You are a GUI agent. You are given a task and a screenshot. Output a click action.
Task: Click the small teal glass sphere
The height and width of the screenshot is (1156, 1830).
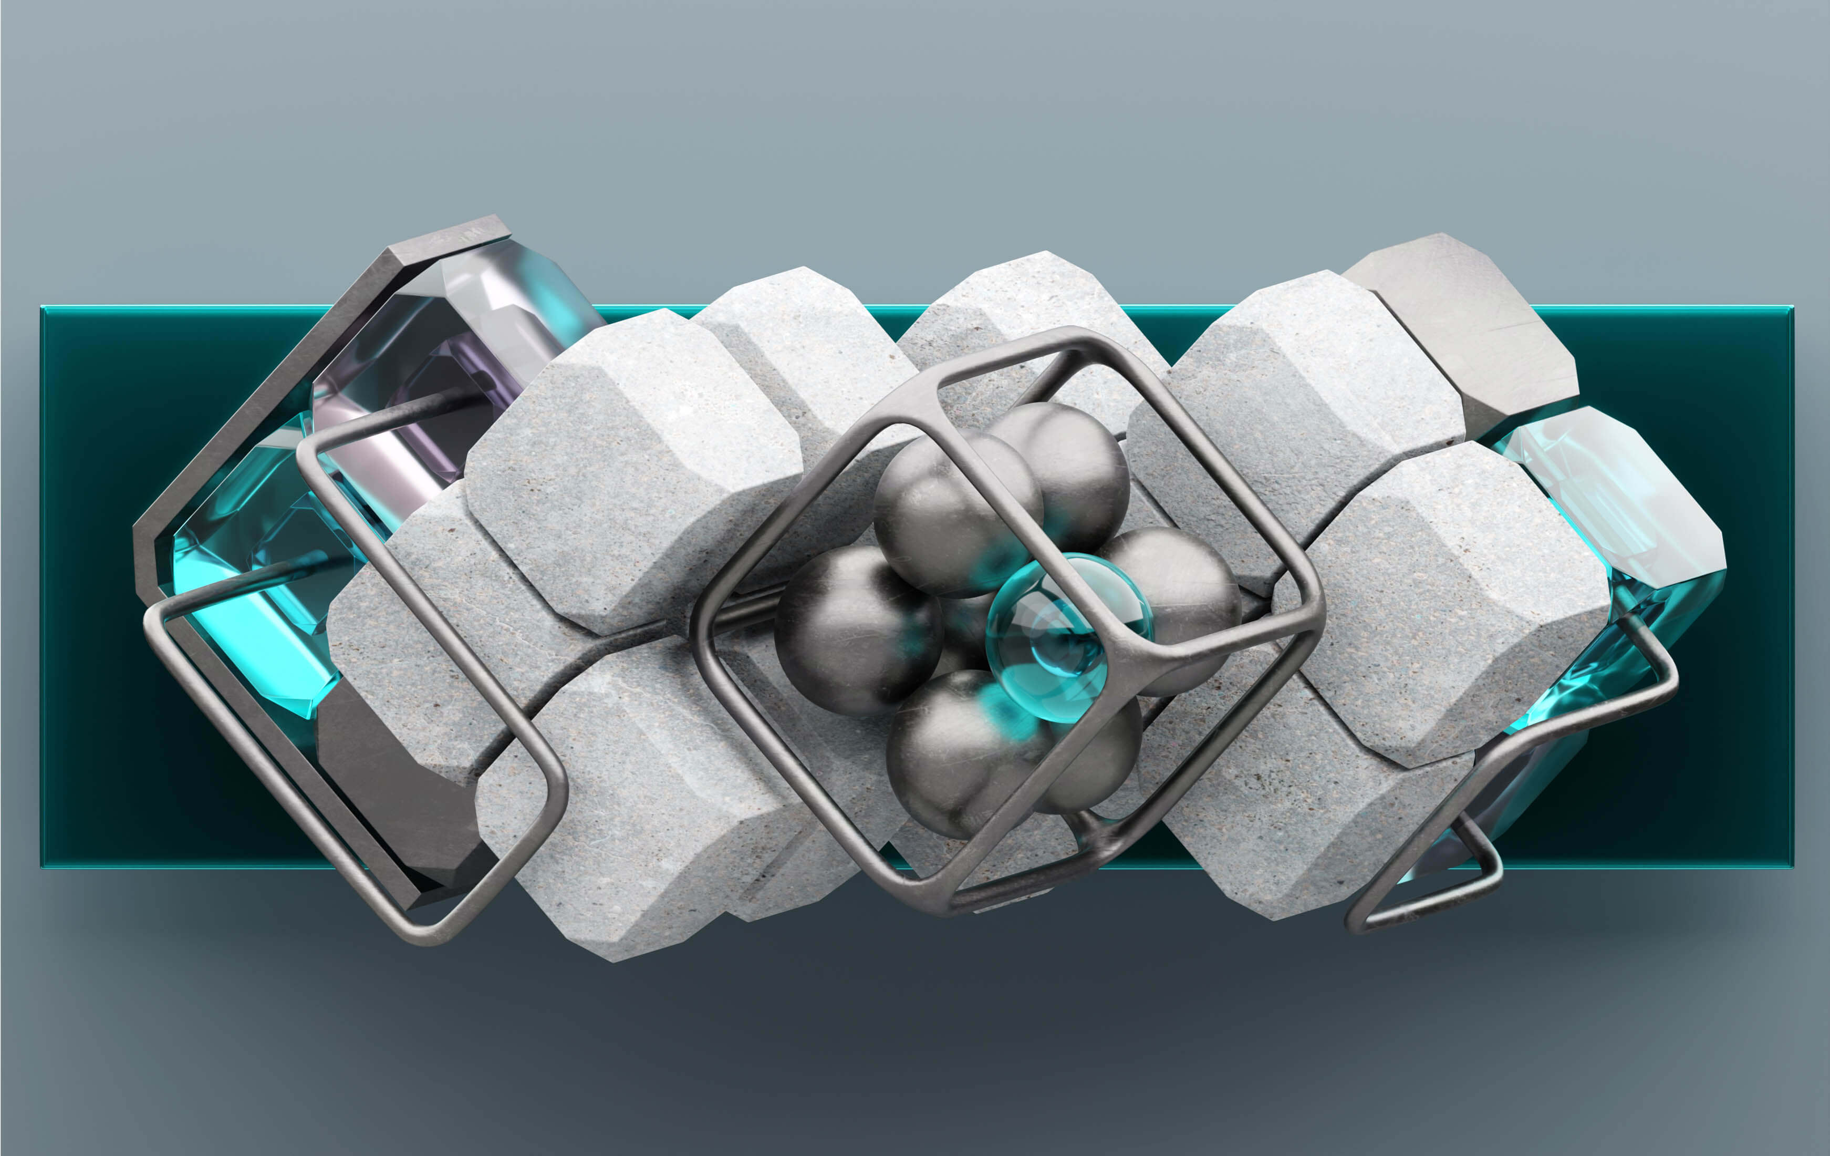(x=1068, y=638)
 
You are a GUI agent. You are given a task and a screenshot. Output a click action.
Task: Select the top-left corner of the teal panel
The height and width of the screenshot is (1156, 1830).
(x=43, y=308)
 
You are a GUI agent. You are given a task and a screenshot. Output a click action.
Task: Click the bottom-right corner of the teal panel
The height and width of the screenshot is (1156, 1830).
(x=1792, y=864)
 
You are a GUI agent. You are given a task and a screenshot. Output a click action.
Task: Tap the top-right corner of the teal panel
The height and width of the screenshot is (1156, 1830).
(x=1792, y=308)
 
